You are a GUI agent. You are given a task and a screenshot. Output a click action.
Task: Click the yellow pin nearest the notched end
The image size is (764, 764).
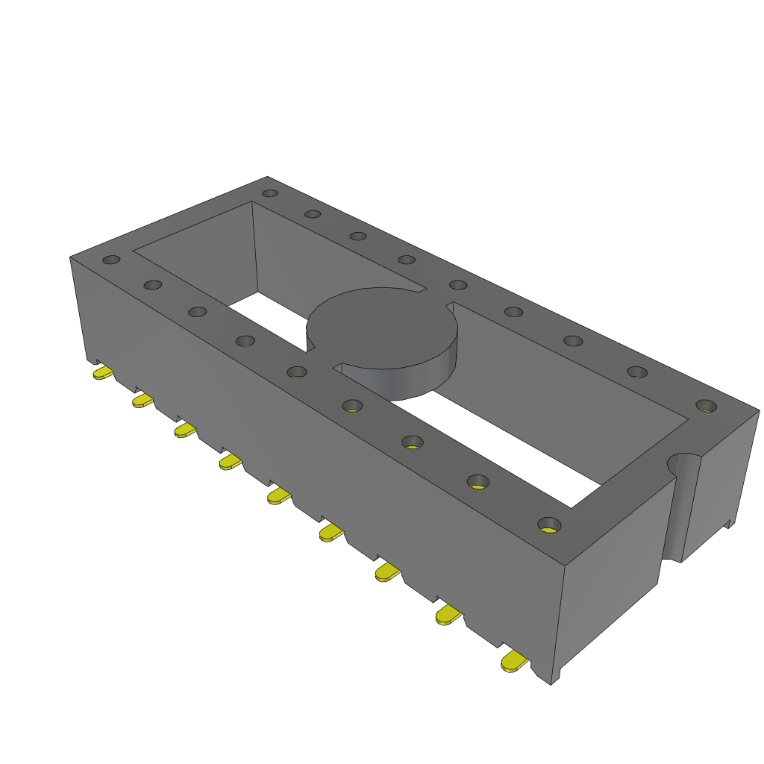[x=514, y=661]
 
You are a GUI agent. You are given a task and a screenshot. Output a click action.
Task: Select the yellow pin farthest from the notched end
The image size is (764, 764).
[x=102, y=372]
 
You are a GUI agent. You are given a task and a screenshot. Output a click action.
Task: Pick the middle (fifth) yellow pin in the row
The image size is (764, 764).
[x=278, y=495]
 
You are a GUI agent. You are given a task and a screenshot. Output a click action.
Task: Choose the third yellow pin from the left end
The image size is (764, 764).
[x=185, y=430]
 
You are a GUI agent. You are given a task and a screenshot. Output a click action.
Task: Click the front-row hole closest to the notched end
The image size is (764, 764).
[x=549, y=524]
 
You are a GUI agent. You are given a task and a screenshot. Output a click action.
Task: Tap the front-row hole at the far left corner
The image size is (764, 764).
[x=111, y=260]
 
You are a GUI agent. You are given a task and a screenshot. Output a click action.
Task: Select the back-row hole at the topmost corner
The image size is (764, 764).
[x=271, y=193]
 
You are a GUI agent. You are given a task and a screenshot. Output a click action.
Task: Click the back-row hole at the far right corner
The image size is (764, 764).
[x=705, y=406]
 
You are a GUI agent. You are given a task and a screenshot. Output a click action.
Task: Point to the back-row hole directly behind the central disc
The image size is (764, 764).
[x=407, y=260]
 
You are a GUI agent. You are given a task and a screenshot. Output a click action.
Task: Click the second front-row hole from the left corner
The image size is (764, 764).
[x=153, y=285]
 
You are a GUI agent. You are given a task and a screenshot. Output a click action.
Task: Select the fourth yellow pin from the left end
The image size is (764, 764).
[x=230, y=463]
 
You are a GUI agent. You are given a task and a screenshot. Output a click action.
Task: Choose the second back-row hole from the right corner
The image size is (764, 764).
[x=636, y=372]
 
